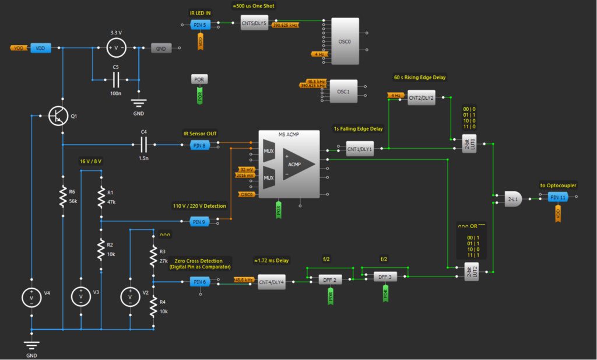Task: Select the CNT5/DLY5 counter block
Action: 254,24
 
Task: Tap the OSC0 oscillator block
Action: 345,41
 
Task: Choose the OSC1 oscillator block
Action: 343,92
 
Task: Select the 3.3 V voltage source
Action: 115,48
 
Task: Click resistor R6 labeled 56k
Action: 63,197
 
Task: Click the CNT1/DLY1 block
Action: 359,149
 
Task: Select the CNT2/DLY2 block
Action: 421,98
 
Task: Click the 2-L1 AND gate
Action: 514,199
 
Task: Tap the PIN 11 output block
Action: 558,198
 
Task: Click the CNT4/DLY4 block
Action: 271,282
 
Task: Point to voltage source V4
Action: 31,297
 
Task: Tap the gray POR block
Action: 199,79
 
